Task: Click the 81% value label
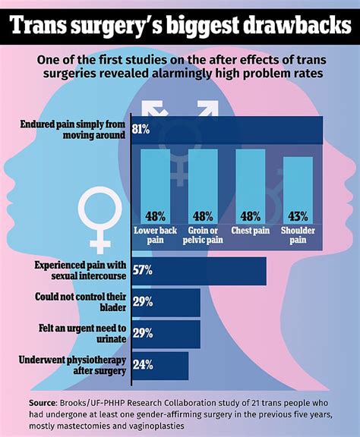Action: tap(141, 129)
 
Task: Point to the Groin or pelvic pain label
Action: tap(203, 234)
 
